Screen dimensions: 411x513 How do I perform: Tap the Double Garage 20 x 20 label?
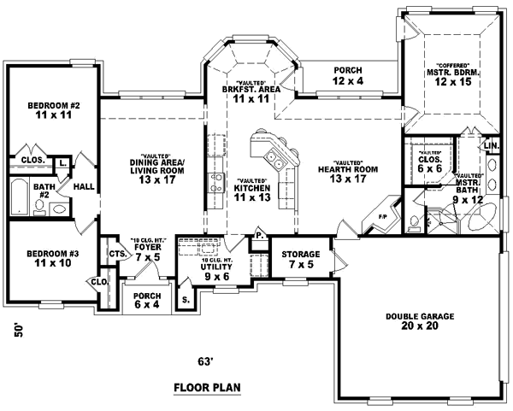[x=419, y=320]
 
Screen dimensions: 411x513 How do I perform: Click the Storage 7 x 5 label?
[x=301, y=259]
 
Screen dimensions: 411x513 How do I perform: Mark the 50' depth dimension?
[x=19, y=331]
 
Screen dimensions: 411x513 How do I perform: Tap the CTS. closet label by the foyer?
[x=115, y=254]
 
